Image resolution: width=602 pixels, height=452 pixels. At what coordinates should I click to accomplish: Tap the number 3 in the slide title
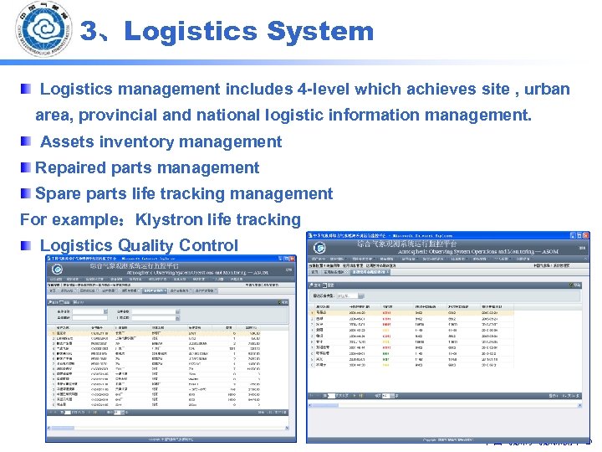[89, 32]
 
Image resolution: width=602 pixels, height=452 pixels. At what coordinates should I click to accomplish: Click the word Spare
[57, 194]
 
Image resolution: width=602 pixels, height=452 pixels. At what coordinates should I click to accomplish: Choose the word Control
[212, 246]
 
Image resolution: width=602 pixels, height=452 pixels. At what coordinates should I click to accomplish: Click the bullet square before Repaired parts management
[27, 167]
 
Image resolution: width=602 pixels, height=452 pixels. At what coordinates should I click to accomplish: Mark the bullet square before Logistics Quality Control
[27, 245]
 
